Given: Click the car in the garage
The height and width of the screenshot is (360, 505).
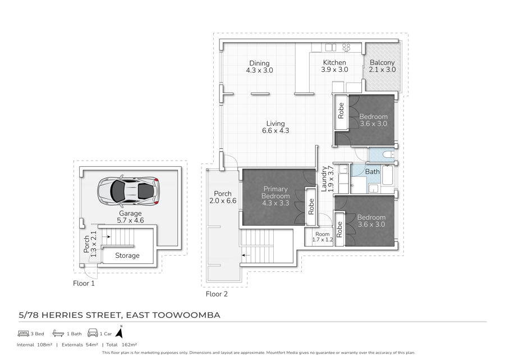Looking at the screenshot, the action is click(128, 191).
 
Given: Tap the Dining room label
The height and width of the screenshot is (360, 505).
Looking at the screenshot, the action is click(259, 63).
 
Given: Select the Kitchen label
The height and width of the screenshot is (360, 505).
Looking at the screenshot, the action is click(334, 62).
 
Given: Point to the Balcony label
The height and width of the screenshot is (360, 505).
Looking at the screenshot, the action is click(382, 62).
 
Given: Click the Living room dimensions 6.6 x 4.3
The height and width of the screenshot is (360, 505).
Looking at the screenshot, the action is click(276, 130).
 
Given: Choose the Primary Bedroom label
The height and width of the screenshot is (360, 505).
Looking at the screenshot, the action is click(276, 193).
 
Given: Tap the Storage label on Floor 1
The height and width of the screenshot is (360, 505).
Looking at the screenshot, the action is click(127, 256).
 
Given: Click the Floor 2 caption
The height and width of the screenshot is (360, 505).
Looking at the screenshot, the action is click(217, 294).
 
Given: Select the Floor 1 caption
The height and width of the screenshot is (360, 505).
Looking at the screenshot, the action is click(84, 283).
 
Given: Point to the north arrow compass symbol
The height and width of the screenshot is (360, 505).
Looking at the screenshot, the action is click(120, 332).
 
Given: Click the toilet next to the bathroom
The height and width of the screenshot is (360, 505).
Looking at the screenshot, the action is click(388, 154).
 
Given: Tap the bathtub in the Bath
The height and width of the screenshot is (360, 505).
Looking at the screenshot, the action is click(387, 175).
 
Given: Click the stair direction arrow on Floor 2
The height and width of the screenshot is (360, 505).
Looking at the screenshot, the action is click(246, 255).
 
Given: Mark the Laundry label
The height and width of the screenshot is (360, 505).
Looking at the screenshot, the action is click(324, 179).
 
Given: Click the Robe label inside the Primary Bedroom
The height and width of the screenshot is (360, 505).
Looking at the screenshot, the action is click(311, 207).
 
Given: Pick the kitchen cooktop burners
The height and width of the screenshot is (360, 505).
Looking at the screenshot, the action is click(346, 47).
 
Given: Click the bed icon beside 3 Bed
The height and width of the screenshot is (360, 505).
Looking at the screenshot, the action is click(24, 333).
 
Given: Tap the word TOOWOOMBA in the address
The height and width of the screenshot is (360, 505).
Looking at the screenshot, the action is click(186, 315).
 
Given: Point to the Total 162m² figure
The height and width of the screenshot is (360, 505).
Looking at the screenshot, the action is click(122, 344).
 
